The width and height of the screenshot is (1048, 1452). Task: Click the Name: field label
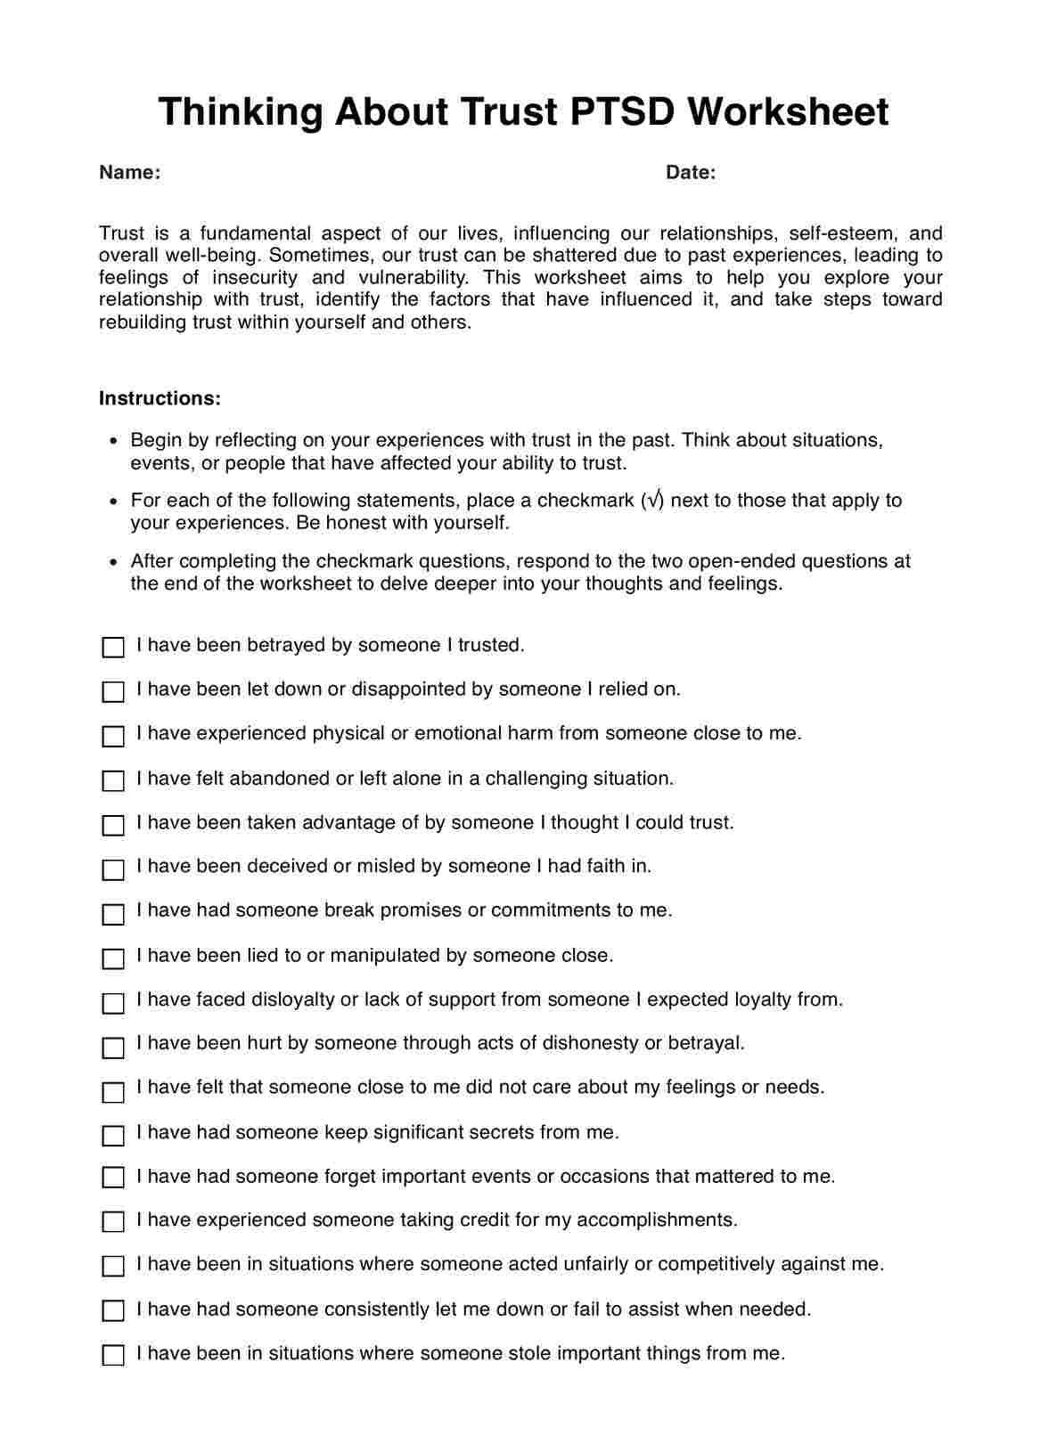click(x=129, y=173)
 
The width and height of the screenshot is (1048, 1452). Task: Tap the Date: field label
click(x=691, y=173)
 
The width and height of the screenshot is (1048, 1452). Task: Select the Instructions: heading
click(x=160, y=398)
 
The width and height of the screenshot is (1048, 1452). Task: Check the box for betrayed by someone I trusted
click(x=113, y=647)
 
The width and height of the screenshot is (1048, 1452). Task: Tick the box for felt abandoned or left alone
click(x=113, y=780)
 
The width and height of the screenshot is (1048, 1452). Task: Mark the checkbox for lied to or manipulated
click(x=113, y=958)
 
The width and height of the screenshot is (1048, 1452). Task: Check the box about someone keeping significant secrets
click(x=113, y=1135)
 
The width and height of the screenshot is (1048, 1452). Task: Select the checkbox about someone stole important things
click(x=113, y=1355)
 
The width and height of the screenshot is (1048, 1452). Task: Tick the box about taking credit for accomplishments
click(x=113, y=1221)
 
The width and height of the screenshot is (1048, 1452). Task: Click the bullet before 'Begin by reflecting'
click(x=112, y=441)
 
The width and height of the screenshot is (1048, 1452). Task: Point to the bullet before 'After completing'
click(x=112, y=562)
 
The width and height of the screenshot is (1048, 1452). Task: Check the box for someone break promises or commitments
click(x=113, y=913)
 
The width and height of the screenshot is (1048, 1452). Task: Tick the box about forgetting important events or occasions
click(x=113, y=1178)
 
